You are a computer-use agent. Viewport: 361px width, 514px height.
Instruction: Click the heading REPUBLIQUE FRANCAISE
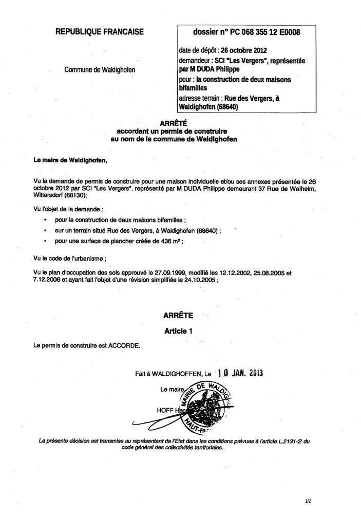[x=100, y=32]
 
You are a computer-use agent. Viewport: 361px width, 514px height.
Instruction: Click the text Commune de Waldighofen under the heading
[x=101, y=69]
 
